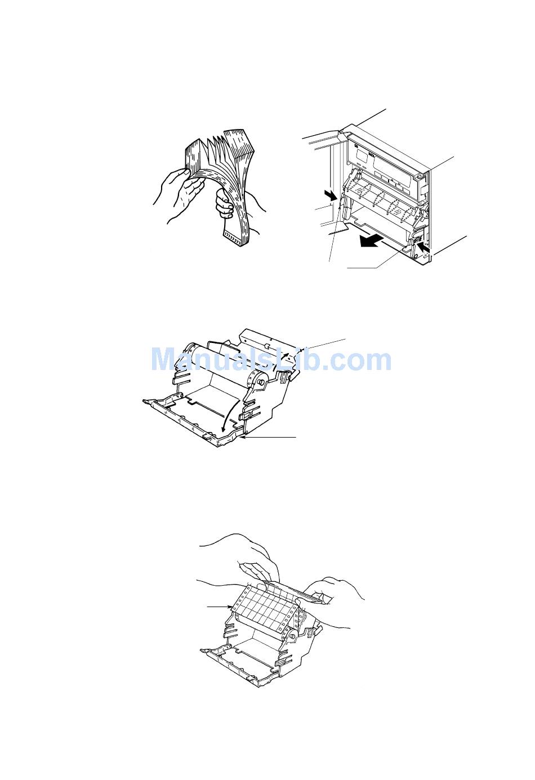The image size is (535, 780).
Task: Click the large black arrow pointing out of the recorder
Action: pos(371,240)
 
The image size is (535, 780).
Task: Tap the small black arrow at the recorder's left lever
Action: pos(331,195)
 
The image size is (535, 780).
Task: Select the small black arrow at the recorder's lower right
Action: pos(424,248)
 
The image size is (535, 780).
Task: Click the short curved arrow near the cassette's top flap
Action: pos(285,357)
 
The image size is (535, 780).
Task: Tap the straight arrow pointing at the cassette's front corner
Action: pos(270,436)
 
